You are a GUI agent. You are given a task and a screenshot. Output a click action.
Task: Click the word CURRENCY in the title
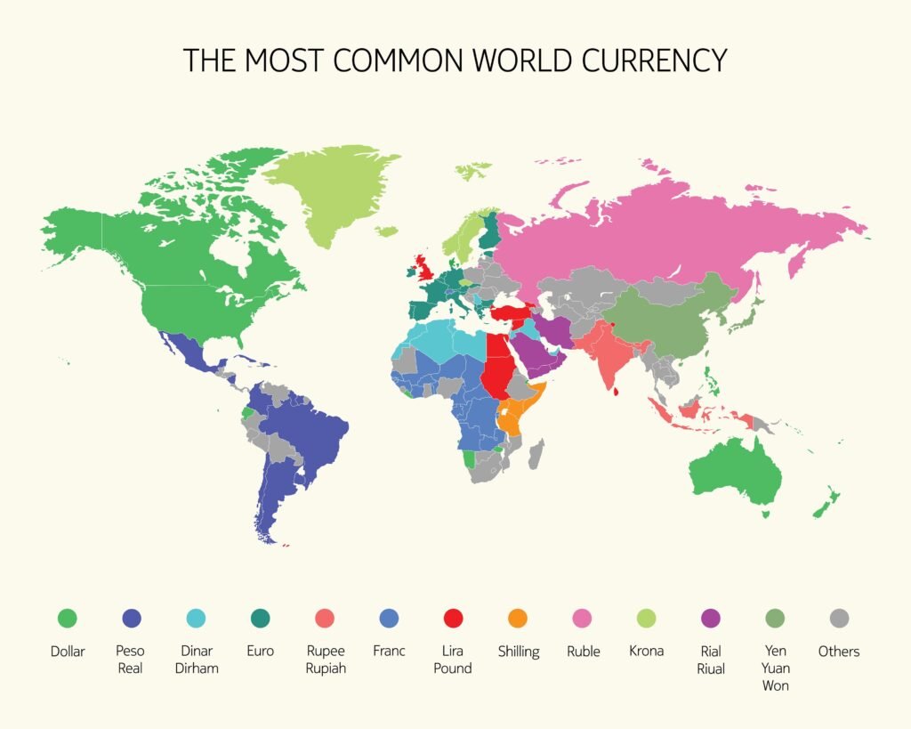[655, 60]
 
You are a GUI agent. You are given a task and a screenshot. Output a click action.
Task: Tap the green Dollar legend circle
[67, 618]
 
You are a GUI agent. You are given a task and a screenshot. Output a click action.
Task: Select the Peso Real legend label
[130, 659]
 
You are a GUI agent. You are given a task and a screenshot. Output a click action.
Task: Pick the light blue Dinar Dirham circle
[195, 618]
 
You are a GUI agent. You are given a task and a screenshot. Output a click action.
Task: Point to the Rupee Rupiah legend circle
[325, 618]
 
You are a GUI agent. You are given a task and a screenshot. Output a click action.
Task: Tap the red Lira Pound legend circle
[453, 618]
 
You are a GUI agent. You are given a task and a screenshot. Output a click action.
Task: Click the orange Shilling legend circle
[518, 618]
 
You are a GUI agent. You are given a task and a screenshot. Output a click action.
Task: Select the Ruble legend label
[584, 651]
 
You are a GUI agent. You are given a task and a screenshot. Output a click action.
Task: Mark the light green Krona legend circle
[647, 618]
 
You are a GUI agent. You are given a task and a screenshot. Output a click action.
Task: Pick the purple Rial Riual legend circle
[711, 618]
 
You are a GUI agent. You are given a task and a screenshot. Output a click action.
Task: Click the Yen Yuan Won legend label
[775, 668]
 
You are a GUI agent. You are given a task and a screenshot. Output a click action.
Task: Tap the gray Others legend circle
[839, 618]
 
